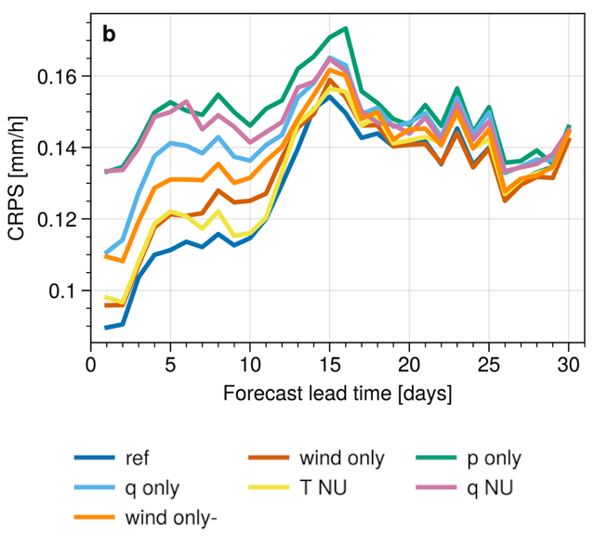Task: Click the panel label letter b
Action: click(x=110, y=35)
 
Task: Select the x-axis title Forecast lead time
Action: click(x=337, y=394)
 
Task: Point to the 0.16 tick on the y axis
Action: click(x=61, y=75)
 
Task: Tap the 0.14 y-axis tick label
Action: click(x=61, y=148)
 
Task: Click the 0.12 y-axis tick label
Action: click(x=61, y=219)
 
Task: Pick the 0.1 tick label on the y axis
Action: click(x=68, y=291)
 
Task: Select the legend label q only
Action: click(x=152, y=488)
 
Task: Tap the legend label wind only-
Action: click(x=170, y=518)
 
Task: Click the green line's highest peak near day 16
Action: click(x=346, y=28)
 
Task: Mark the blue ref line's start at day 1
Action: click(x=107, y=328)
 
